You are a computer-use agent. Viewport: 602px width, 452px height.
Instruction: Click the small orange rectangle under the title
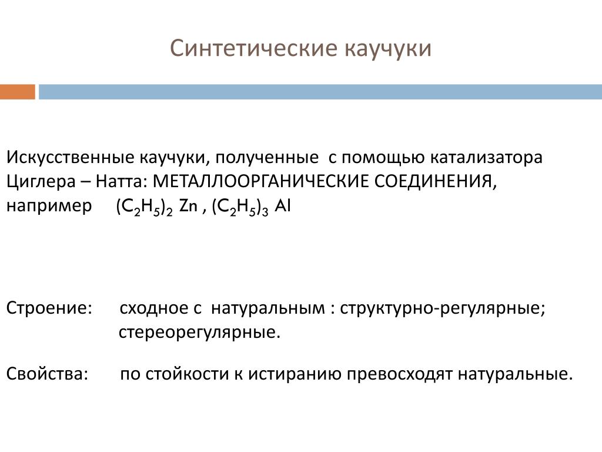coord(18,92)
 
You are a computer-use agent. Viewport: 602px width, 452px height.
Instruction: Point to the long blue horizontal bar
coord(320,92)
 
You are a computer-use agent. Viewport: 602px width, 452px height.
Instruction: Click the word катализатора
coord(486,158)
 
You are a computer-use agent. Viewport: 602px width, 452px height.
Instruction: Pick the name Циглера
coord(41,181)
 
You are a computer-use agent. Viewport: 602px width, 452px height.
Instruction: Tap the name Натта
coord(121,181)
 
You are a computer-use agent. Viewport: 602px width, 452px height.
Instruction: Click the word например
coord(49,207)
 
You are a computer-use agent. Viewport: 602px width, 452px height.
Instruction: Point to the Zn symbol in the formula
coord(188,206)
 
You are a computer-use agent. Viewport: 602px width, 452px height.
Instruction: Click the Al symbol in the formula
coord(283,206)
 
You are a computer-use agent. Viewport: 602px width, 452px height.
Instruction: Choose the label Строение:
coord(49,308)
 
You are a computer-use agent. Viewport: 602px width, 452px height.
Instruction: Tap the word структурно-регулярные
coord(443,308)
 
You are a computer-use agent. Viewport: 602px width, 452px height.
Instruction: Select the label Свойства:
coord(47,374)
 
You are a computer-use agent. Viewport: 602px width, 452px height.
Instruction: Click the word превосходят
coord(399,374)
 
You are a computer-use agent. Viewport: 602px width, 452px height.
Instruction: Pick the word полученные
coord(267,158)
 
